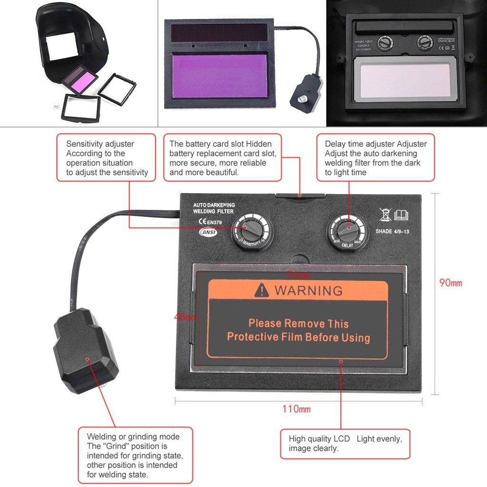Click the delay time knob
(347, 231)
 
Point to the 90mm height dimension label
(450, 283)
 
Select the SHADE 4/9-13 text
(393, 232)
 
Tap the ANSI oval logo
(209, 233)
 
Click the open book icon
(401, 215)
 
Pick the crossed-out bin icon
(385, 214)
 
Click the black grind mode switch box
(86, 350)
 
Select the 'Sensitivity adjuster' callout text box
(107, 158)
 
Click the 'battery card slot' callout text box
(223, 158)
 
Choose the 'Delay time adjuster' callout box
(375, 158)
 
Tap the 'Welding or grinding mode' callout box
(135, 455)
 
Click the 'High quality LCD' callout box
(345, 444)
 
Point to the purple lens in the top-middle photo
(219, 76)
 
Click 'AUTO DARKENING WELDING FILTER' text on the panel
(214, 208)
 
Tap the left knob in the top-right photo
(384, 43)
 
